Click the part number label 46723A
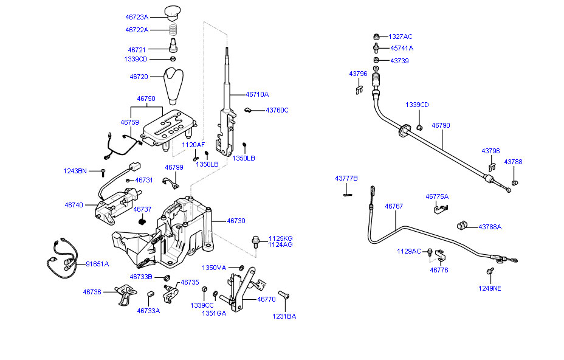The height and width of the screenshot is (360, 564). point(137,18)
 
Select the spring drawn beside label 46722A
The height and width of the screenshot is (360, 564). point(173,29)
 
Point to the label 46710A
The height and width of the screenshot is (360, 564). point(257,94)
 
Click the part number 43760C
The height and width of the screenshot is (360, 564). point(277,110)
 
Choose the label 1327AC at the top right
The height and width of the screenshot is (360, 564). point(401,36)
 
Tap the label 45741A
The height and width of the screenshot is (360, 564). point(401,48)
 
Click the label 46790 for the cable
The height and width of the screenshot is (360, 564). point(441,125)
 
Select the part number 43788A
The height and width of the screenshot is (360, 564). point(490,227)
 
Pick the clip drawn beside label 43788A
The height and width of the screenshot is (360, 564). point(463,226)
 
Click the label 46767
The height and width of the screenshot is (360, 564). point(393,206)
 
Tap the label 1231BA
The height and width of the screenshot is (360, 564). point(284,316)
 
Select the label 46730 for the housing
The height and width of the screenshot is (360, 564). point(236,221)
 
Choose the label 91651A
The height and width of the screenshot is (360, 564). point(97,264)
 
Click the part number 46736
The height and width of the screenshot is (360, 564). point(92,292)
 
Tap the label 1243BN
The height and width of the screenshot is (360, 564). point(75,171)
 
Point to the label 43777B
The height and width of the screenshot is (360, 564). point(346,178)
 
